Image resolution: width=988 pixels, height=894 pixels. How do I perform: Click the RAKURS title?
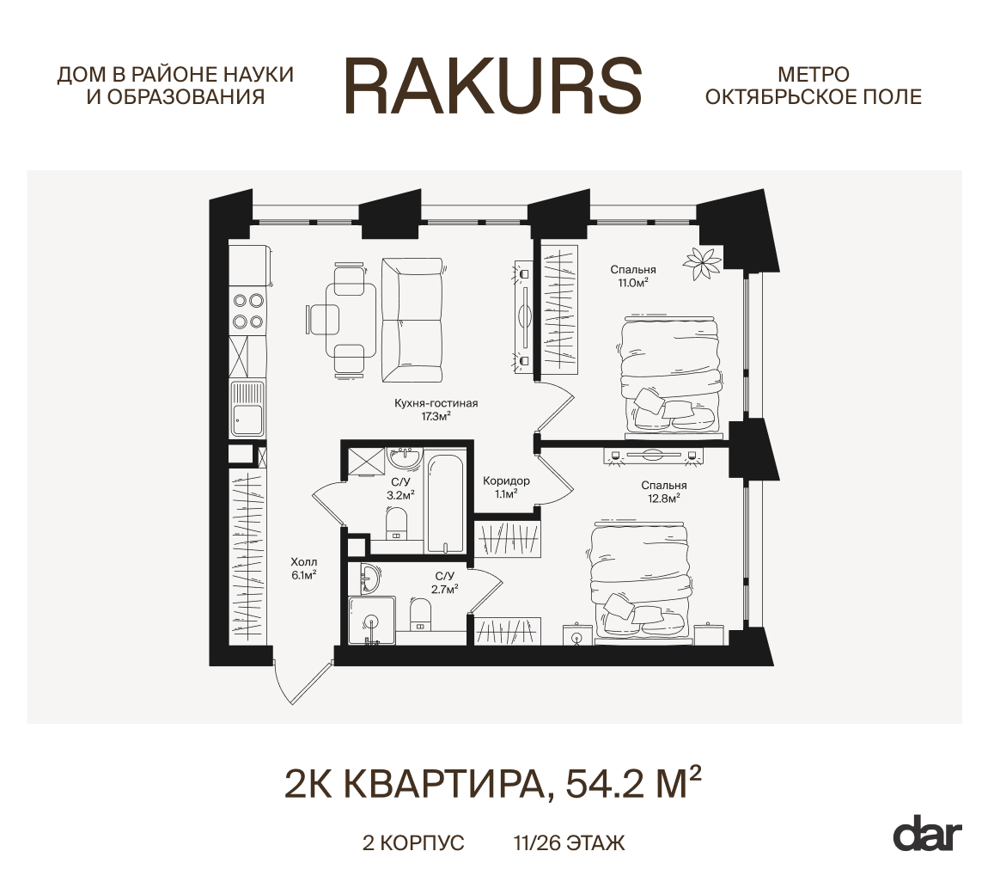tap(493, 86)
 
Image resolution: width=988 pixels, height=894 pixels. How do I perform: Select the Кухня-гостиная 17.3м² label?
tap(436, 409)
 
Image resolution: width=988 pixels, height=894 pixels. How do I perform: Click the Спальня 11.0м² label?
tap(632, 276)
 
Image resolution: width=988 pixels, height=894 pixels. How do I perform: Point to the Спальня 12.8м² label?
tap(663, 492)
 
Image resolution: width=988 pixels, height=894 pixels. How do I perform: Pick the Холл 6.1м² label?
tap(304, 568)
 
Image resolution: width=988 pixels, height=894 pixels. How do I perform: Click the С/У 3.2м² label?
tap(400, 488)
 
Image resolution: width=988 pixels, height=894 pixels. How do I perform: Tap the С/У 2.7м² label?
tap(444, 583)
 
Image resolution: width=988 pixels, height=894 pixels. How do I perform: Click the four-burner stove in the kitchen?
tap(247, 311)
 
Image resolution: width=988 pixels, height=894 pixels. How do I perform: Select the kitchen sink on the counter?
tap(247, 409)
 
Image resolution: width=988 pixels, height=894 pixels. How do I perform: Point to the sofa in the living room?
tap(412, 320)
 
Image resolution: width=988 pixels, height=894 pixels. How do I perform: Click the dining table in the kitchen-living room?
tap(351, 321)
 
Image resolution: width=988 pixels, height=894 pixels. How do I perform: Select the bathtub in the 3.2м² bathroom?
tap(445, 503)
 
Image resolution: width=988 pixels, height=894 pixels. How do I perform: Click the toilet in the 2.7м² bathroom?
tap(419, 614)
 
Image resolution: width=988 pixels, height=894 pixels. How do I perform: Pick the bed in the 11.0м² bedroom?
tap(670, 376)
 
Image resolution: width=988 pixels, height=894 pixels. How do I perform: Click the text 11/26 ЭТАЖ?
tap(570, 843)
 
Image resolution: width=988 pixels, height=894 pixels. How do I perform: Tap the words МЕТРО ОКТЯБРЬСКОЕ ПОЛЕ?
tap(813, 86)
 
